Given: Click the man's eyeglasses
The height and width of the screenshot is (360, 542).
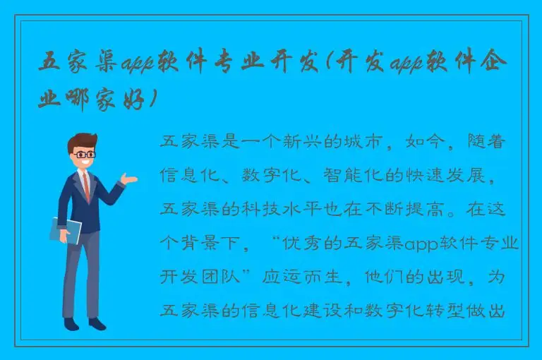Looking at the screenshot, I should tap(85, 153).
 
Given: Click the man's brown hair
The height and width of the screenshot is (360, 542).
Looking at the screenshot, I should tap(83, 140).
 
